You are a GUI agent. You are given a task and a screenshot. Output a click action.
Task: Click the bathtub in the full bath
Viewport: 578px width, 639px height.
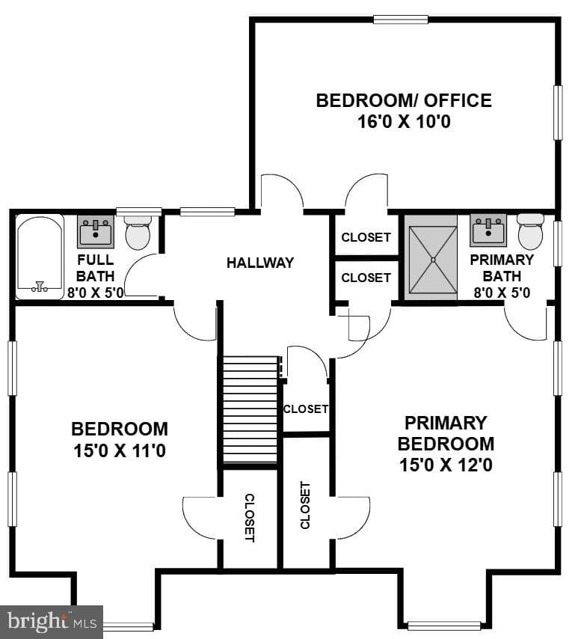[40, 257]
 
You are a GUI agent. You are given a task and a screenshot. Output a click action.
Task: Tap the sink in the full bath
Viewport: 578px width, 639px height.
[96, 231]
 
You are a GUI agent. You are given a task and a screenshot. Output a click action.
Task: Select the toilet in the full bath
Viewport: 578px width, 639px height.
[138, 232]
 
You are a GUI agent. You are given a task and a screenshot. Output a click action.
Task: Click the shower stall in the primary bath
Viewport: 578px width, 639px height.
[433, 259]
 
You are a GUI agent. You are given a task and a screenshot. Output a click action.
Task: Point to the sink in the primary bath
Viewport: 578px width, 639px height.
[488, 230]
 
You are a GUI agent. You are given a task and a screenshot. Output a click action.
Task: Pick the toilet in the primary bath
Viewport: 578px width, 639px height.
[530, 231]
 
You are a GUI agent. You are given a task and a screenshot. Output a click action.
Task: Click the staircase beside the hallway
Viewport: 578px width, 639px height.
[250, 409]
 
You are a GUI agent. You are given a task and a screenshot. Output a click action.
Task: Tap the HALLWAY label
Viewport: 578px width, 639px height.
[260, 263]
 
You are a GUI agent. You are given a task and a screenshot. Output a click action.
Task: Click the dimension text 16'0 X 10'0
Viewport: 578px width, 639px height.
[404, 121]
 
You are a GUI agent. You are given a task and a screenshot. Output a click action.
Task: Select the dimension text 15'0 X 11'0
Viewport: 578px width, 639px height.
[120, 451]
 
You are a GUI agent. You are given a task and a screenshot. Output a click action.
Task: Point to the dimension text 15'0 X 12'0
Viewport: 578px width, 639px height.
[446, 465]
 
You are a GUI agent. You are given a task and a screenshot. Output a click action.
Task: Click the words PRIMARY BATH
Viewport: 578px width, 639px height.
[502, 268]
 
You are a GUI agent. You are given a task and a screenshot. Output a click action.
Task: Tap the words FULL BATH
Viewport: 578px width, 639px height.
[96, 268]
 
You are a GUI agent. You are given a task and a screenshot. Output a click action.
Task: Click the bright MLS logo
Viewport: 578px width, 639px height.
[52, 622]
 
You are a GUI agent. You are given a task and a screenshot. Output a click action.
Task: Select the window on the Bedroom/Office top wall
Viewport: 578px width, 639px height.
[401, 19]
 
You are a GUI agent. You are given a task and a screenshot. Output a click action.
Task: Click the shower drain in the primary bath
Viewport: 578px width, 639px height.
[433, 259]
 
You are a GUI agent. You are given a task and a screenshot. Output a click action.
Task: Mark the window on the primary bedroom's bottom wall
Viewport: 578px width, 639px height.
[444, 626]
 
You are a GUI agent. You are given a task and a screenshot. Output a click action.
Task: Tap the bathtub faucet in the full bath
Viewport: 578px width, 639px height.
[40, 287]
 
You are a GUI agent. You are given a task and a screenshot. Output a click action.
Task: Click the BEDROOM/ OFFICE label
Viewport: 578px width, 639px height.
[404, 101]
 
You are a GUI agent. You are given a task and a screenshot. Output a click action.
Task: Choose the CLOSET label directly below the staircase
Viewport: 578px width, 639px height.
[249, 518]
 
